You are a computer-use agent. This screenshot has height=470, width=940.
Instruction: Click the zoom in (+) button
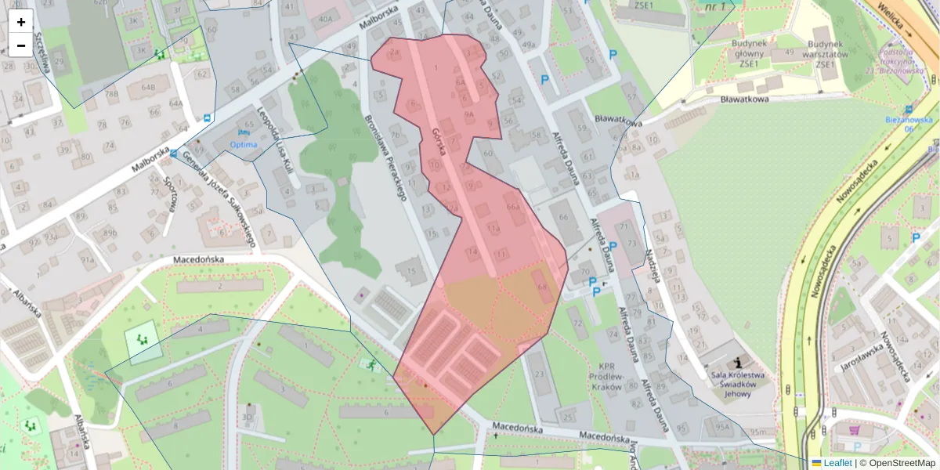click(21, 22)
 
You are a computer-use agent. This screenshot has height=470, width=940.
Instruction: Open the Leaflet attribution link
click(837, 463)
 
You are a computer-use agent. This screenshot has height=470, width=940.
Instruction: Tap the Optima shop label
click(243, 144)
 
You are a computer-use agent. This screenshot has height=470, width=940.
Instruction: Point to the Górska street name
click(438, 142)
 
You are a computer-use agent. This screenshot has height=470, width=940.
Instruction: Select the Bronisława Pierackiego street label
click(385, 157)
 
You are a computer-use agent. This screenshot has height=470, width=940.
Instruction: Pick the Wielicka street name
click(895, 20)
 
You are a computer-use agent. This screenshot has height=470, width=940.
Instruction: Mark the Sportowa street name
click(170, 193)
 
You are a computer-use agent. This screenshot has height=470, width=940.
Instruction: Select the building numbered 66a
click(513, 207)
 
